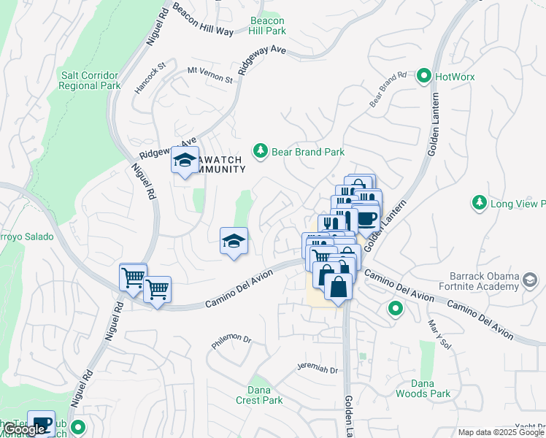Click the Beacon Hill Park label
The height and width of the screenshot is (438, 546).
pos(267,26)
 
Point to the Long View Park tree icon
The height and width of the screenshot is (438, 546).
pos(479,202)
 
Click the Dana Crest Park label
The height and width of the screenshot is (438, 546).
pos(259,395)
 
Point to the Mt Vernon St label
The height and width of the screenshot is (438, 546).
pos(209,74)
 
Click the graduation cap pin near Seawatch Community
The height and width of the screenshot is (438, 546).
pos(185,160)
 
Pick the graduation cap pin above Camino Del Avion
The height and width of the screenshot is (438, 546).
pos(234,241)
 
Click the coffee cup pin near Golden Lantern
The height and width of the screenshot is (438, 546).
pos(366,218)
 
